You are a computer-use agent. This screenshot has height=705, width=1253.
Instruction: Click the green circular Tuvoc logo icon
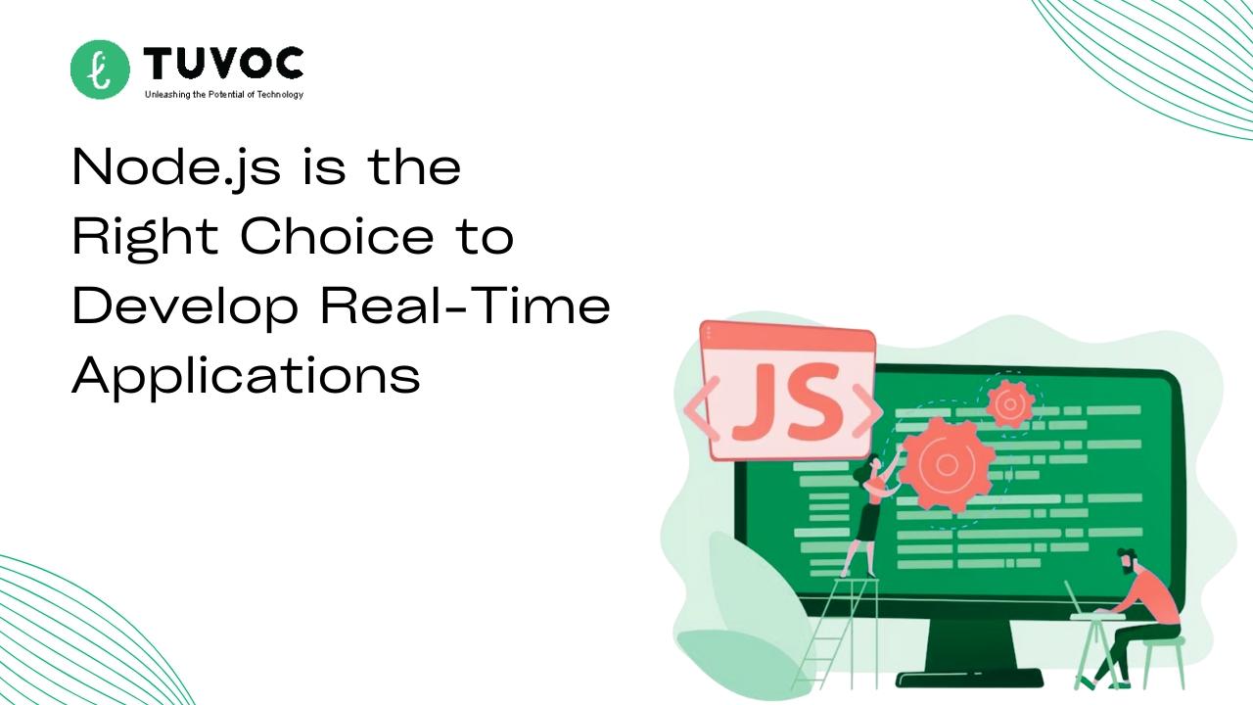[100, 70]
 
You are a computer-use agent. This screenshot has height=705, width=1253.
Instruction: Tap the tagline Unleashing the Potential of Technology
[224, 95]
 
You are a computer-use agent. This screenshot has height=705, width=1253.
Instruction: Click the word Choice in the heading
[337, 236]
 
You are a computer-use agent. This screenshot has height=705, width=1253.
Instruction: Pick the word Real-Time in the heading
[465, 305]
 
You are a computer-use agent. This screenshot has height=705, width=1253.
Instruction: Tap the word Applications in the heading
[246, 376]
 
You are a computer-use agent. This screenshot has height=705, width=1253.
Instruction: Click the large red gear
[946, 464]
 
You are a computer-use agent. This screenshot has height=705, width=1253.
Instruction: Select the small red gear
[1009, 404]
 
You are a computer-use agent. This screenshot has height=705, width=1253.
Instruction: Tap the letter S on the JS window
[813, 400]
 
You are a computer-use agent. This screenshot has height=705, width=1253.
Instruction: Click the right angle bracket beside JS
[866, 410]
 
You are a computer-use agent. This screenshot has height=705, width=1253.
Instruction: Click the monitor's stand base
[969, 680]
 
